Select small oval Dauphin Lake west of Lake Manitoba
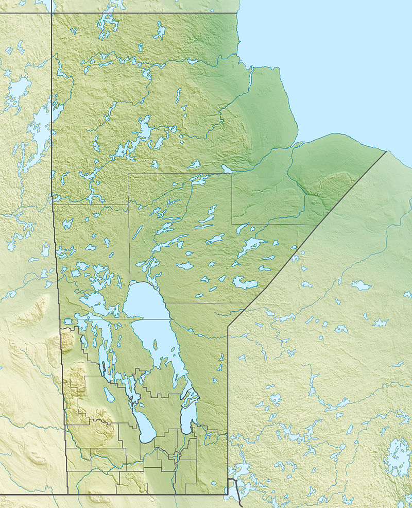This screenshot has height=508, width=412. (109, 395)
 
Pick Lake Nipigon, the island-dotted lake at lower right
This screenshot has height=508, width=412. (398, 456)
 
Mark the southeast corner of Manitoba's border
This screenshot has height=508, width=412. (227, 494)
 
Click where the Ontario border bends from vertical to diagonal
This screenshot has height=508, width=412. (228, 326)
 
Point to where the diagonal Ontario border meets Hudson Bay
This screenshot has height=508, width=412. (385, 151)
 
